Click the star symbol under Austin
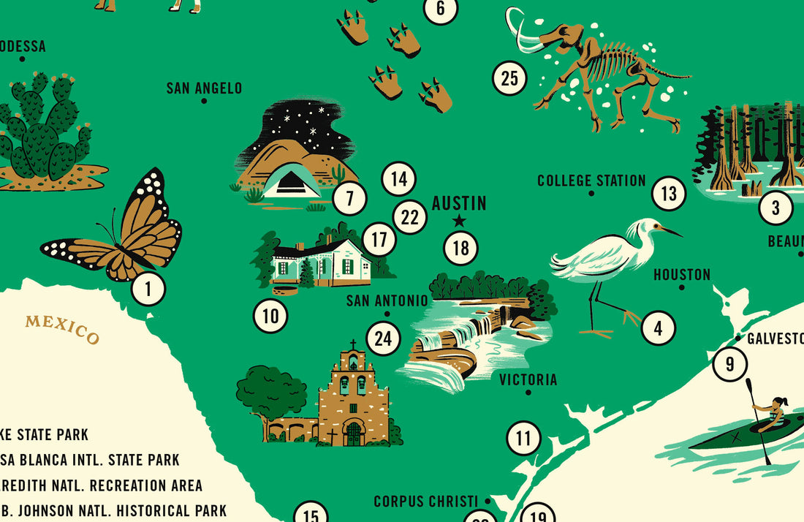coord(459,221)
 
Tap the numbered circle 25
coord(509,78)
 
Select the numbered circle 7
coord(349,198)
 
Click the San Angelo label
coord(204,88)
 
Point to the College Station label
coord(591,181)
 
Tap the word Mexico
coord(62,328)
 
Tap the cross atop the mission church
coord(353,344)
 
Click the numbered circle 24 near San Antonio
coord(384,338)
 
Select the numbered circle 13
coord(669,194)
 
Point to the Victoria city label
coord(528,379)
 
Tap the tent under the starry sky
coord(291,182)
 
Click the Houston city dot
coord(682,287)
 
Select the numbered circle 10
coord(270,316)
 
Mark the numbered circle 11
coord(524,439)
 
